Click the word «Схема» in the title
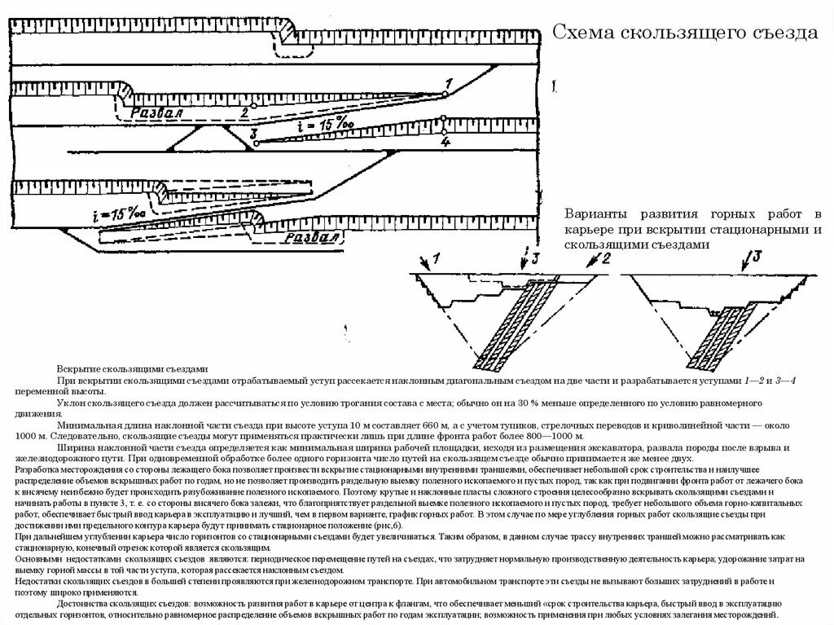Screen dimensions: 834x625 (584, 33)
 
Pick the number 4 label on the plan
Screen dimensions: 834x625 (445, 142)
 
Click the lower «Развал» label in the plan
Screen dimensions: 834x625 (311, 238)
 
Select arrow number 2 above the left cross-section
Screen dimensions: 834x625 (599, 261)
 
